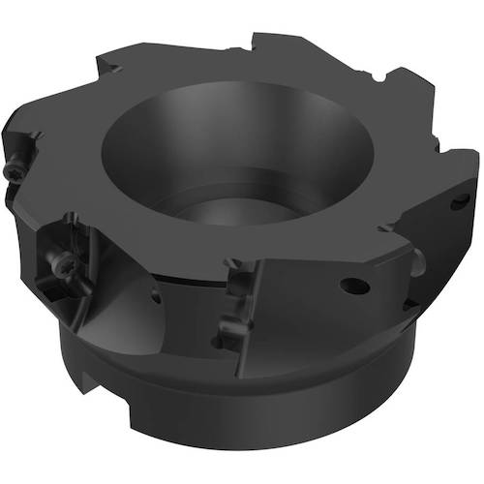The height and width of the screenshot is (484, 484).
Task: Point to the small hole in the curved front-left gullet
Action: point(156,299)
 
